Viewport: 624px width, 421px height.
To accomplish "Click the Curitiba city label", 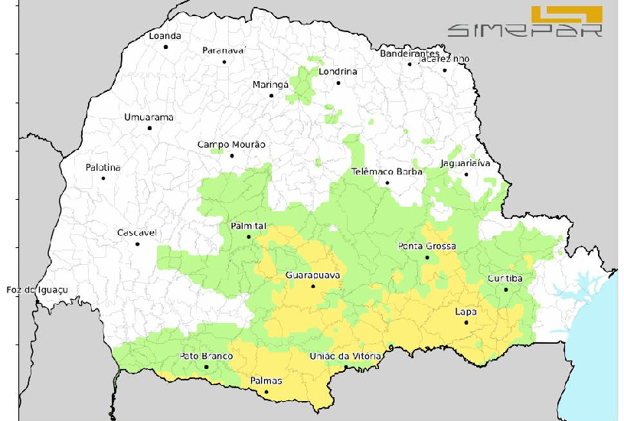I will tap(505, 279).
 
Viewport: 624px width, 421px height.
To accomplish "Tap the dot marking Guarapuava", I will tap(313, 286).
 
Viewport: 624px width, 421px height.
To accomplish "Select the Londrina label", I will tap(338, 72).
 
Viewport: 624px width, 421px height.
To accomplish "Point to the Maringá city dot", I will tap(271, 96).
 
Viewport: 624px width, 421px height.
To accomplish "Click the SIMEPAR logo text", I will tap(525, 31).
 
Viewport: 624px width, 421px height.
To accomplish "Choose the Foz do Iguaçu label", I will tap(37, 289).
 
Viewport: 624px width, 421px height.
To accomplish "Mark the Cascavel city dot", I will tap(138, 244).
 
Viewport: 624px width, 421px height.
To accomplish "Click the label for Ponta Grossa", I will tap(427, 246).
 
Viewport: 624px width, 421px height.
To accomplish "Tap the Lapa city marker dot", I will tap(466, 322).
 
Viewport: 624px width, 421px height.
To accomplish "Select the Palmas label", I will tap(266, 381).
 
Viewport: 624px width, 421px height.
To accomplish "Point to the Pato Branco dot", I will tap(207, 367).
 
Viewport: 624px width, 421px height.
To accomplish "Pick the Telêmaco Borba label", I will tap(387, 171).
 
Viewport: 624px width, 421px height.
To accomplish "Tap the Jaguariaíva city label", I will tap(465, 163).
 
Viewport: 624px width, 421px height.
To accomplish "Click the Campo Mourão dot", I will tap(232, 155).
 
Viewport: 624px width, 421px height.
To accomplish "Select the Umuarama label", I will tap(149, 117).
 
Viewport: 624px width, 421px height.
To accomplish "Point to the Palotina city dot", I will tap(103, 178).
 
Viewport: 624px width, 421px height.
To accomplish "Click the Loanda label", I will tap(165, 36).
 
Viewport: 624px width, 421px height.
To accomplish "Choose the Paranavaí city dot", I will tap(224, 62).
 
